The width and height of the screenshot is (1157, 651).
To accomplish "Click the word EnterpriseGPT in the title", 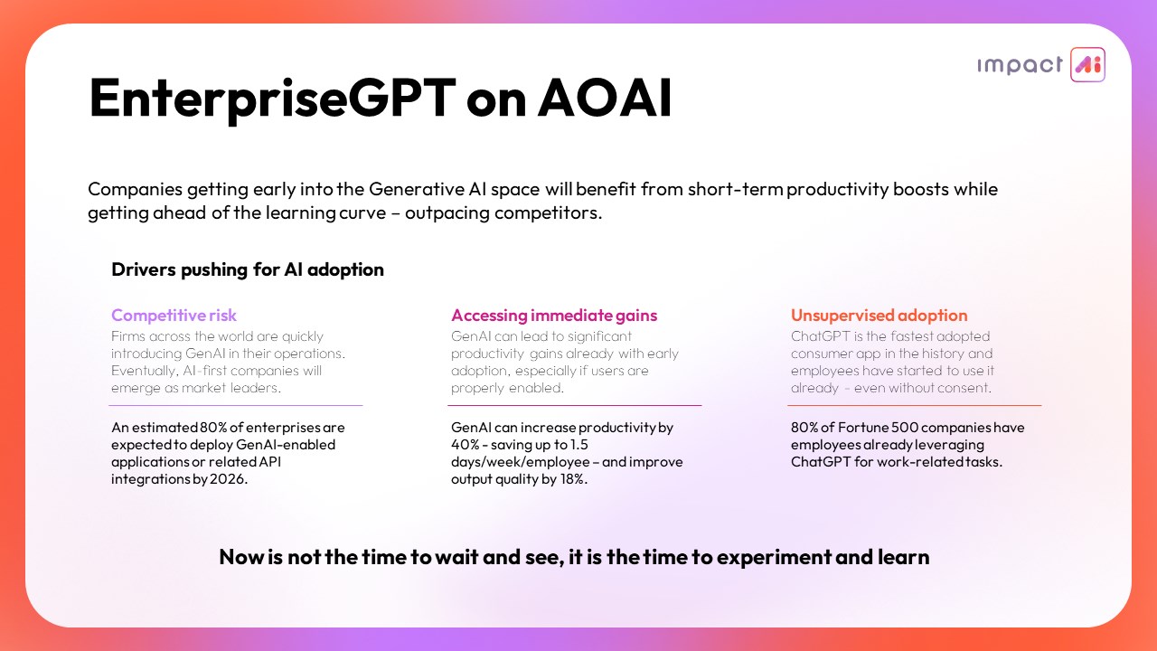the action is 272,99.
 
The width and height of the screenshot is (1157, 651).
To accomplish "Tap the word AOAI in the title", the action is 605,98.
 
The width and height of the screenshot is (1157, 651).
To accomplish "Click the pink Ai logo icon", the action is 1087,64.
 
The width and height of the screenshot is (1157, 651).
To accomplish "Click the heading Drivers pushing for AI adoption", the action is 248,269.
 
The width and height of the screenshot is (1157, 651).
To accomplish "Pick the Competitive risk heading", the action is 174,316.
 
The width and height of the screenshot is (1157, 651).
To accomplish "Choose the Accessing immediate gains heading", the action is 554,316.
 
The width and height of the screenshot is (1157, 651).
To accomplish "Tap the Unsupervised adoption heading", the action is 880,316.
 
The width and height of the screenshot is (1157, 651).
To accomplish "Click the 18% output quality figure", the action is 572,479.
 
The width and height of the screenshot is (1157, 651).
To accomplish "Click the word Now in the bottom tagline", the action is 241,557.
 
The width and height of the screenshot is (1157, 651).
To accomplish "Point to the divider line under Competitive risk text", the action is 236,406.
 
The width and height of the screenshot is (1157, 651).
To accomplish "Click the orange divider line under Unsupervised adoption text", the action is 914,406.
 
